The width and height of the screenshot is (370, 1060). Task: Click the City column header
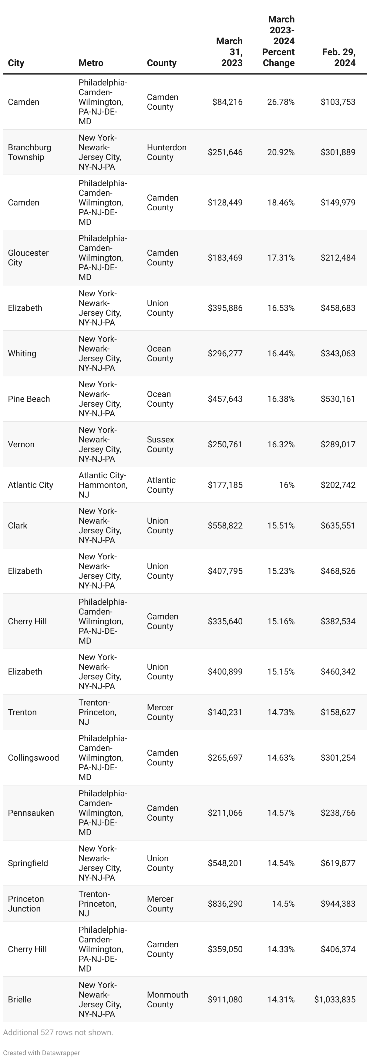point(16,63)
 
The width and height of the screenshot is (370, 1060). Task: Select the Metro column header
point(91,63)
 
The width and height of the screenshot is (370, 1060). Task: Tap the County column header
point(162,63)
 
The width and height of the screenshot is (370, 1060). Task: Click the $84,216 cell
point(227,102)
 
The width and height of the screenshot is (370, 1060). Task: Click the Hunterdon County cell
point(166,152)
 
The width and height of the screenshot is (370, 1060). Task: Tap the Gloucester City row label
point(28,258)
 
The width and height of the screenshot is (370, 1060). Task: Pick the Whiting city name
point(22,353)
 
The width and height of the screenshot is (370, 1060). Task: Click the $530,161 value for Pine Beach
point(338,399)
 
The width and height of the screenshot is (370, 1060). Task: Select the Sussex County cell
point(160,445)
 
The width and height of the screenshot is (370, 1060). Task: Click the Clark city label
point(17,525)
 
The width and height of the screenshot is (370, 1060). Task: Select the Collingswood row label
point(33,758)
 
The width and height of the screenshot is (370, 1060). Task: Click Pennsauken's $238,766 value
point(338,813)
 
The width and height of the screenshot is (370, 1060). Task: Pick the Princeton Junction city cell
point(25,904)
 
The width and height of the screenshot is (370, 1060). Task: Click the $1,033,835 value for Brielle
point(335,999)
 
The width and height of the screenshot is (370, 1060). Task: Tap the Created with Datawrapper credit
point(41,1053)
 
